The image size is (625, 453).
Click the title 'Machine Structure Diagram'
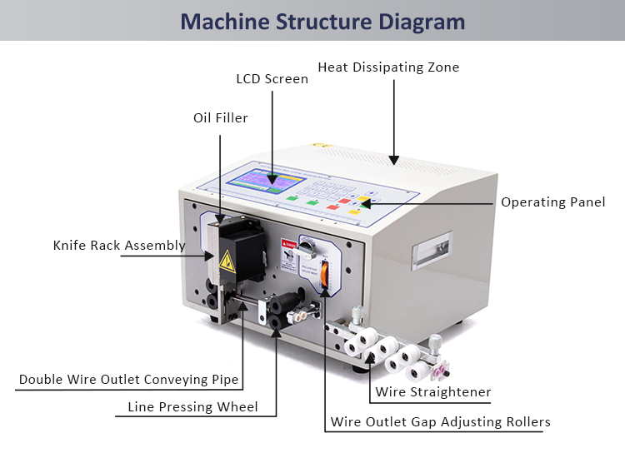pyautogui.click(x=322, y=21)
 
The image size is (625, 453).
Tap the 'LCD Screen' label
pyautogui.click(x=272, y=79)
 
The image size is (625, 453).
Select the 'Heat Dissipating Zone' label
pyautogui.click(x=388, y=67)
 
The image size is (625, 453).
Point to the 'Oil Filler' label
pyautogui.click(x=220, y=118)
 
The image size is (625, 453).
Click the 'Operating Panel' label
pyautogui.click(x=552, y=202)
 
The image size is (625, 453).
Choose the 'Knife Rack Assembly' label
pyautogui.click(x=119, y=246)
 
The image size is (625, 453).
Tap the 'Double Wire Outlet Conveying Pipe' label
pyautogui.click(x=129, y=380)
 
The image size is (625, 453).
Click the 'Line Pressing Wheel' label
pyautogui.click(x=192, y=407)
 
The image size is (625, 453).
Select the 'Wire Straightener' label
pyautogui.click(x=432, y=392)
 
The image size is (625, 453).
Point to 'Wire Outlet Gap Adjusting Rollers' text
pyautogui.click(x=440, y=421)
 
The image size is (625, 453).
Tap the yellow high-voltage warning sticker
pyautogui.click(x=226, y=266)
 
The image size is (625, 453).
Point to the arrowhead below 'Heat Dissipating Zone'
pyautogui.click(x=393, y=157)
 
